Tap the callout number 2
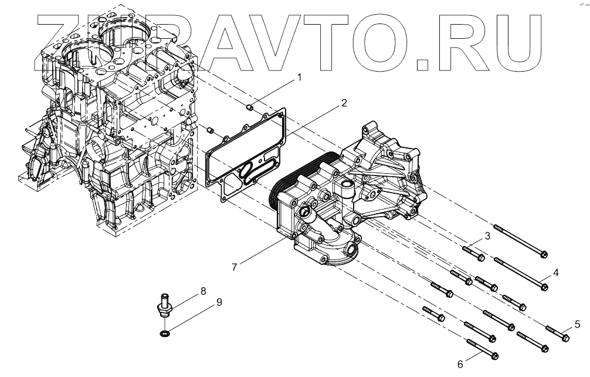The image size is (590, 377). [344, 103]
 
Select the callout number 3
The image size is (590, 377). [486, 237]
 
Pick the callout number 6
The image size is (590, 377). [460, 365]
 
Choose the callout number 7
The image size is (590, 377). [234, 267]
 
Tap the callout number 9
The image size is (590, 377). [219, 302]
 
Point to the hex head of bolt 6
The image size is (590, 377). [494, 355]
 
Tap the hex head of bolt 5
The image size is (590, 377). [566, 338]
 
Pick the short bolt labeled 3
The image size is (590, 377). [473, 254]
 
